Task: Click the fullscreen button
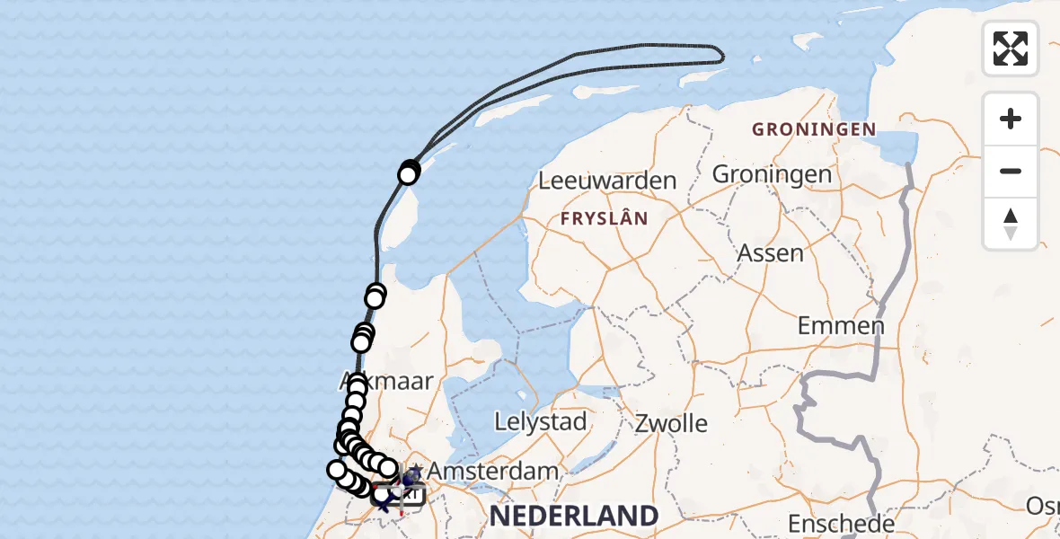click(1011, 49)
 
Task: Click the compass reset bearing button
click(1011, 225)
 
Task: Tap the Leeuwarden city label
click(607, 181)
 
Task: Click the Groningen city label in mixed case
click(772, 174)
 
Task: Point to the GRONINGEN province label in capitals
click(814, 129)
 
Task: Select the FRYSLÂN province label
click(604, 218)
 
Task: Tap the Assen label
click(770, 253)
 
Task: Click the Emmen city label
click(841, 326)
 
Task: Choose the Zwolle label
click(671, 423)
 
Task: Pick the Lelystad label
click(542, 421)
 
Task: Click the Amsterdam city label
click(493, 471)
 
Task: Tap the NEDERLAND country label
click(574, 516)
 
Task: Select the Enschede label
click(841, 524)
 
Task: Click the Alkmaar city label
click(388, 382)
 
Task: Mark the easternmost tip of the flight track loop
click(723, 56)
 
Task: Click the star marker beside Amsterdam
click(415, 469)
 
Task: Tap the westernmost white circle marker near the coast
click(337, 470)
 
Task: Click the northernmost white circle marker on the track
click(410, 169)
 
